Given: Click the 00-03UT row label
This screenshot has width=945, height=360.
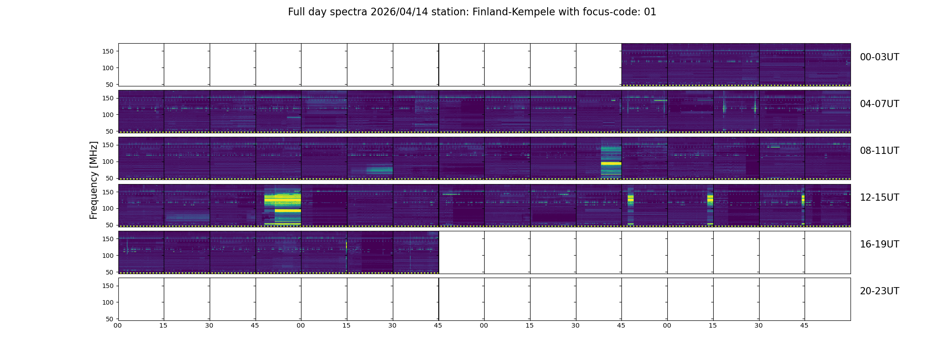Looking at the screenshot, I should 879,57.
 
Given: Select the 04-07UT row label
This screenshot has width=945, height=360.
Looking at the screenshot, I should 879,104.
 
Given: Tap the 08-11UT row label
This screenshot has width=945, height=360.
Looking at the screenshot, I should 879,151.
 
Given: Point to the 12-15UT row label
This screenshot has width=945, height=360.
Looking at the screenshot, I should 879,198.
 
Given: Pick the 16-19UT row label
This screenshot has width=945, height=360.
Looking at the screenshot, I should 879,244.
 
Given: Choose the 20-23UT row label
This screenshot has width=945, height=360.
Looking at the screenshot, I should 879,291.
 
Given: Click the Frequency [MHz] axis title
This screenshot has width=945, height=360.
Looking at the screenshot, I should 94,180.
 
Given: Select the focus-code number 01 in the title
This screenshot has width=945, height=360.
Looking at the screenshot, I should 650,12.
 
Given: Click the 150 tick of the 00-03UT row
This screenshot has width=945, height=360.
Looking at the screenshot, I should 108,51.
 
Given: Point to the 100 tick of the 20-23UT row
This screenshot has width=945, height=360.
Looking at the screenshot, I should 108,302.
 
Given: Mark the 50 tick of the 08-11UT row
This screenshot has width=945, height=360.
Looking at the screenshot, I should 110,178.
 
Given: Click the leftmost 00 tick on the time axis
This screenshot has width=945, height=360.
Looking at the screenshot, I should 118,325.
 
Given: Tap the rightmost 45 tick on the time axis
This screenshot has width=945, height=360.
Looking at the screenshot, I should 804,325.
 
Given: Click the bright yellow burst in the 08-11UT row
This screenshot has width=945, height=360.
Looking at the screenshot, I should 611,163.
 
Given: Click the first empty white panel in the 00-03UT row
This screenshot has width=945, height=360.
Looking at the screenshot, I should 141,65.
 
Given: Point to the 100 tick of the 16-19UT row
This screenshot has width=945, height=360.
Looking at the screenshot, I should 108,256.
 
